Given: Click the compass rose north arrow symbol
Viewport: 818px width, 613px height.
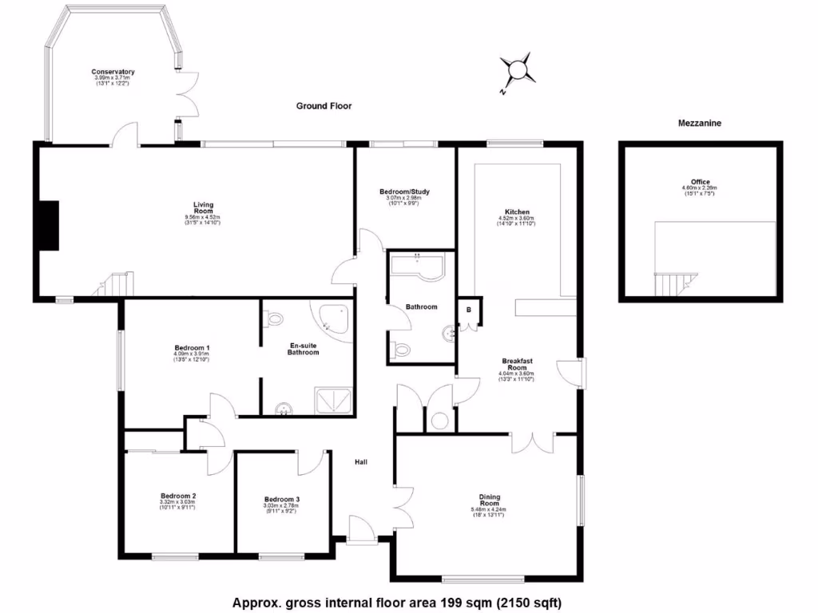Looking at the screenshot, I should pos(518,71).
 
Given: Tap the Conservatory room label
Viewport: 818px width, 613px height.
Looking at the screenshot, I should pos(113,73).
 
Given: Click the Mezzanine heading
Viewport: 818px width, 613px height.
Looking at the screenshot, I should pos(700,123).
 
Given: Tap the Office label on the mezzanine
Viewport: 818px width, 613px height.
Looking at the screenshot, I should pos(701,182).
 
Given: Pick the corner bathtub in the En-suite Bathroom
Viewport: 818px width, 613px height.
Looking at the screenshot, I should pos(335,320).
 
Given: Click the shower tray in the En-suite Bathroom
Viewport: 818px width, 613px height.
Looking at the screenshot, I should pos(334,400).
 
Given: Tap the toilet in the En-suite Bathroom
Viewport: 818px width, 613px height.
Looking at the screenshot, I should pos(274,318).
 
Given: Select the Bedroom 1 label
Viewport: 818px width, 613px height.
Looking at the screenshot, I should pos(192,348).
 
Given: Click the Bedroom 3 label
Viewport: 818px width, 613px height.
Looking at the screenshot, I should pos(281,500).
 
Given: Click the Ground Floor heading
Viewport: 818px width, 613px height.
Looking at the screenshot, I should pos(324,105).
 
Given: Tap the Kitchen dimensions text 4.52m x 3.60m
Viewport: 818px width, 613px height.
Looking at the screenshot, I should pos(514,218).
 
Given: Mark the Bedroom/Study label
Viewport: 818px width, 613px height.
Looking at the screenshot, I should pos(405,192).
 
